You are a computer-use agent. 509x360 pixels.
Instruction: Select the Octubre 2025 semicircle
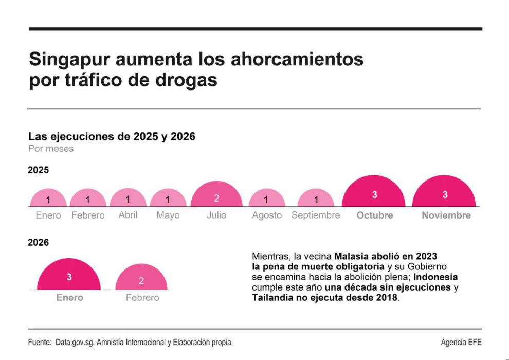[x=374, y=194]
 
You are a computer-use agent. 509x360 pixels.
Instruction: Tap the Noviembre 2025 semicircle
[x=445, y=194]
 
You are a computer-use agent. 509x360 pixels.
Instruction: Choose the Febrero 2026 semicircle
[x=141, y=279]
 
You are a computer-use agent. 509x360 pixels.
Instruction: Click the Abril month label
[x=128, y=215]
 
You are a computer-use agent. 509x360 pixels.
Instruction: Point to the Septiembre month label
[x=315, y=215]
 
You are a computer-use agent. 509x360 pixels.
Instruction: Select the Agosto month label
[x=266, y=215]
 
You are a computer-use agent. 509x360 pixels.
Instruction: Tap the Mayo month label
[x=168, y=215]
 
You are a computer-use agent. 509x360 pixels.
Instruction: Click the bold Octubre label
[x=374, y=215]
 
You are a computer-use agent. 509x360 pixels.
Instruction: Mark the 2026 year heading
[x=39, y=242]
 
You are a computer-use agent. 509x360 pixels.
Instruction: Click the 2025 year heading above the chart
[x=39, y=170]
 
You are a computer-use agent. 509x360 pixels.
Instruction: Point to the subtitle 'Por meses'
[x=51, y=149]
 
